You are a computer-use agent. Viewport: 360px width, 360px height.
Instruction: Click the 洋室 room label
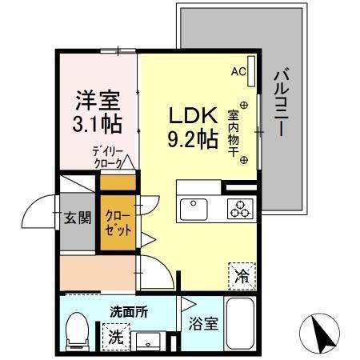(98, 102)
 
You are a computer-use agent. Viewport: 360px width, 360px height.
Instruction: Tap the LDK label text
(192, 116)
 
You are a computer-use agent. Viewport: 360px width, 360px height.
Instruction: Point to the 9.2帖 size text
(192, 141)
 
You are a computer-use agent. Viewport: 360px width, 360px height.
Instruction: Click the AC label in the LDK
(238, 72)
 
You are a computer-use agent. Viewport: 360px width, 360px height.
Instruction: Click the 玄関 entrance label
(78, 217)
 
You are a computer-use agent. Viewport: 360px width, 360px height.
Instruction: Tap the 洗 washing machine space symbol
(114, 337)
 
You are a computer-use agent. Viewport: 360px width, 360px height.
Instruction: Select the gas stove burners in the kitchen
(240, 210)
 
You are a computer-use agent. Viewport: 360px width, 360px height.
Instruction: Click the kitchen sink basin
(194, 210)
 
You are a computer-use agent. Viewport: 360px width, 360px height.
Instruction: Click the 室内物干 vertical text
(234, 132)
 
